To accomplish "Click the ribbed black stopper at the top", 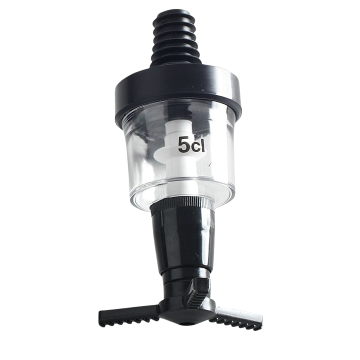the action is click(x=175, y=38).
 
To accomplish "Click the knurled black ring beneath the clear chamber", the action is click(x=182, y=205).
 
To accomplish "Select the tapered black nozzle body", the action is click(x=181, y=239).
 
